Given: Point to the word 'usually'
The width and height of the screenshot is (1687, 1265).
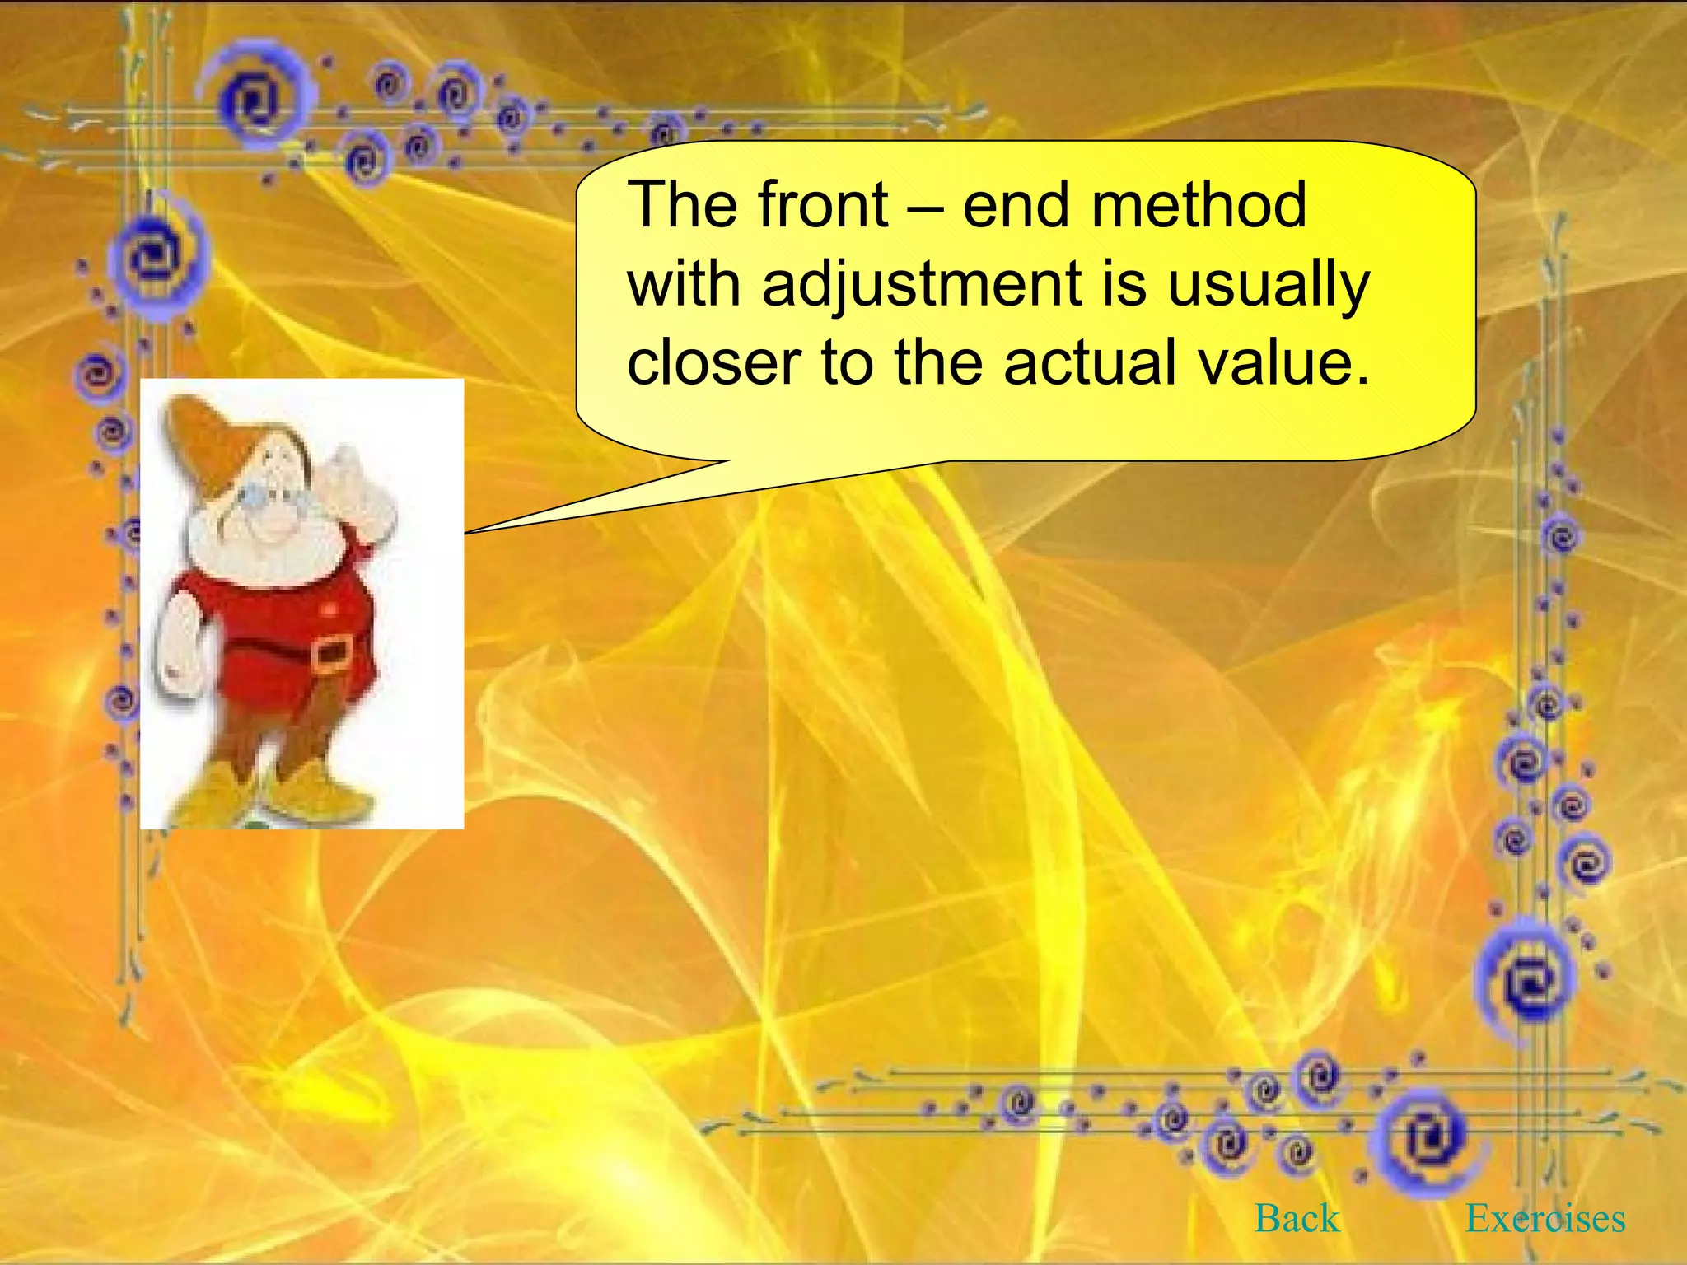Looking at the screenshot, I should [x=1269, y=285].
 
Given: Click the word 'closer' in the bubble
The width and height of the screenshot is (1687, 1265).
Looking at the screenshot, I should [x=714, y=362].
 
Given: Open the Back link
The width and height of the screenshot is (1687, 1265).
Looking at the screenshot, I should [x=1297, y=1218].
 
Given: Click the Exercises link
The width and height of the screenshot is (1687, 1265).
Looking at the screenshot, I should [x=1545, y=1218].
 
